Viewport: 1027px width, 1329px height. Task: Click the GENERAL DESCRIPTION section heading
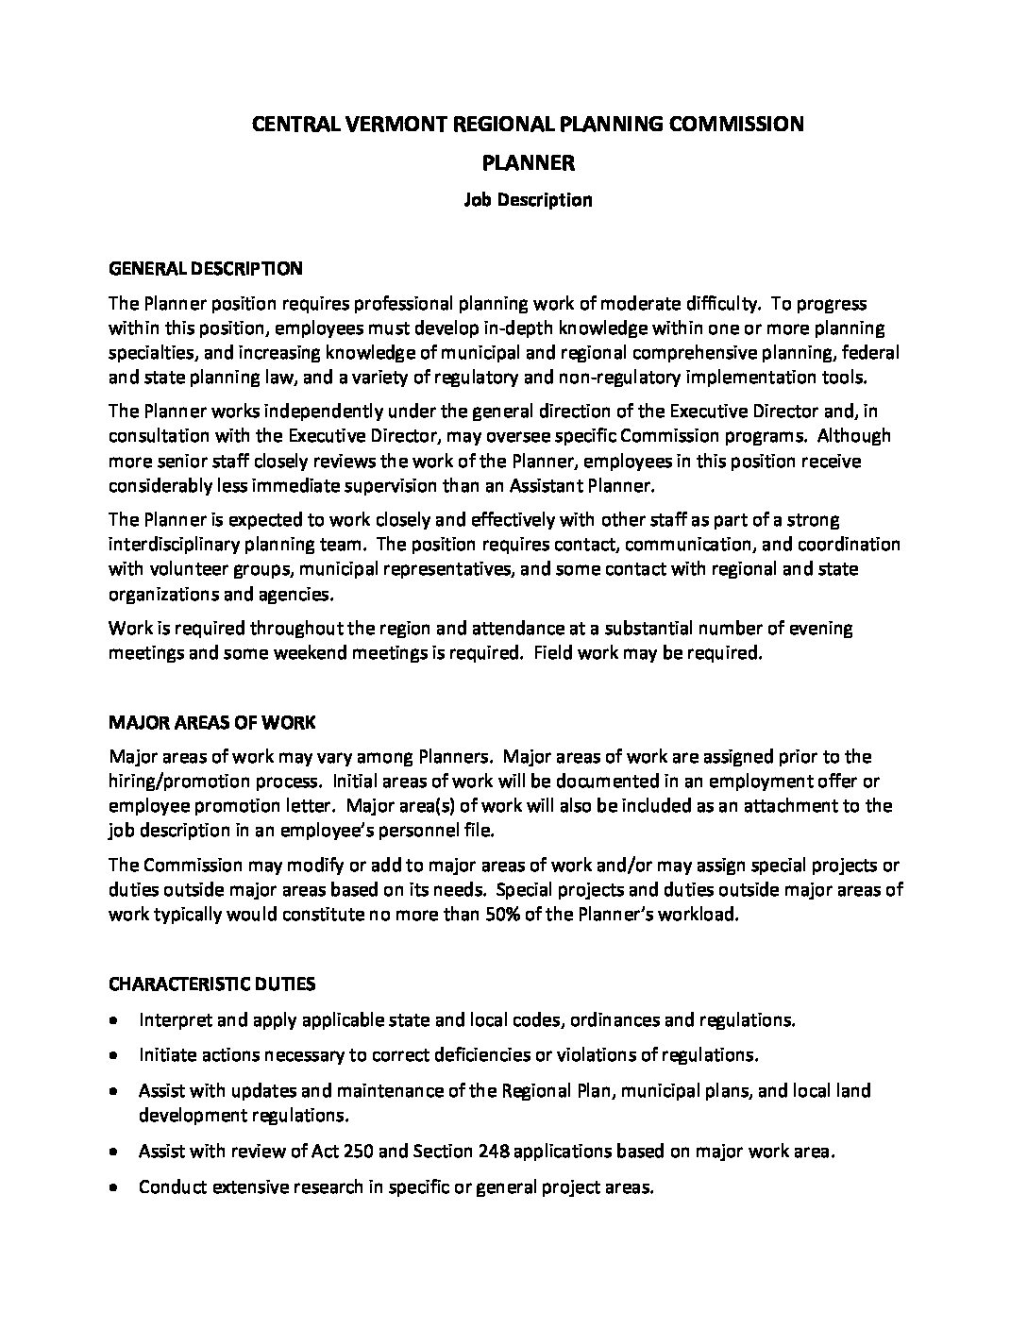coord(206,269)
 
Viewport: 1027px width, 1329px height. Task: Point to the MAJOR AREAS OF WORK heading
coord(212,723)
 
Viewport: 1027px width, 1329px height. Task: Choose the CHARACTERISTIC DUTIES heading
coord(212,984)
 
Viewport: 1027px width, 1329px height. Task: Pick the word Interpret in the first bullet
coord(174,1020)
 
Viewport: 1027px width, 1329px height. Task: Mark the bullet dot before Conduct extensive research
coord(114,1187)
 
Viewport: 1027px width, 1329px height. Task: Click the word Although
coord(854,436)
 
